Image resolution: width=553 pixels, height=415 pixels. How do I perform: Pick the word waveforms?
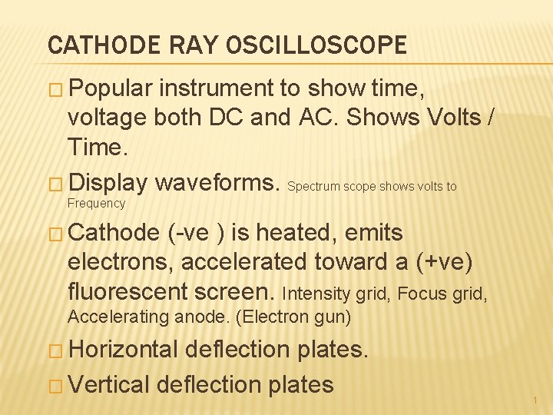[218, 184]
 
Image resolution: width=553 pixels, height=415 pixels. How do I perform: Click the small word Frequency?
[96, 203]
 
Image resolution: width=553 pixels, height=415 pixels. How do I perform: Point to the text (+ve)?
[444, 262]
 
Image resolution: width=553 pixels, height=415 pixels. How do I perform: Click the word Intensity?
[310, 293]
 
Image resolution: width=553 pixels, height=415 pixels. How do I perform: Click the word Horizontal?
[123, 350]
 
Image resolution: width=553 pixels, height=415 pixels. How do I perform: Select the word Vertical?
[108, 383]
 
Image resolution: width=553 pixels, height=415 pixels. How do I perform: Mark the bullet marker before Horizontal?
[56, 350]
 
